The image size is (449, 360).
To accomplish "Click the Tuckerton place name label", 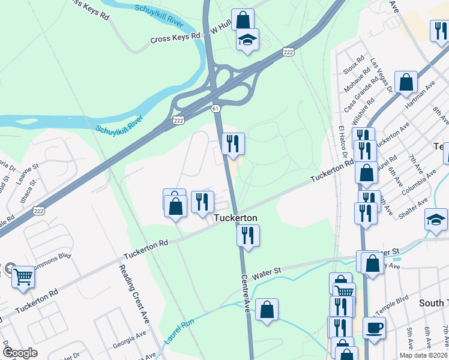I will click(236, 218).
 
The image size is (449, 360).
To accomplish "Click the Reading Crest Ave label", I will click(132, 293).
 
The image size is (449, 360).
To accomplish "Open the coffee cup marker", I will click(374, 328).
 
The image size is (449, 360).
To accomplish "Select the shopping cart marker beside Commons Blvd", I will click(23, 277).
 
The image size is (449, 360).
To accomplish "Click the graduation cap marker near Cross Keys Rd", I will click(247, 40).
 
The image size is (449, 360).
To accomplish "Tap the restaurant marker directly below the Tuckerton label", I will click(247, 235).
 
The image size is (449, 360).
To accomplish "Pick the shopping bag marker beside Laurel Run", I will click(267, 310).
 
